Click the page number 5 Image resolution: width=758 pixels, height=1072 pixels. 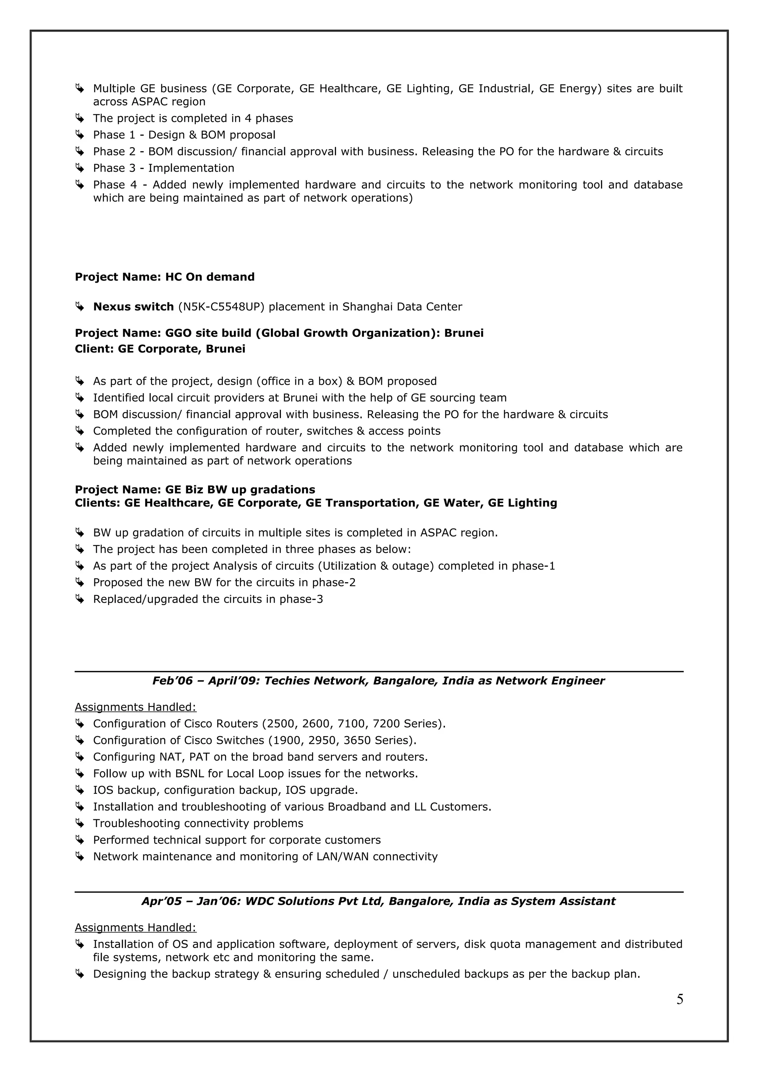[x=680, y=999]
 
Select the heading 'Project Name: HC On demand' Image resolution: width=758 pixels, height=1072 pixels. [x=165, y=277]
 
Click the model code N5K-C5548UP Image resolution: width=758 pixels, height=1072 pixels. [x=221, y=307]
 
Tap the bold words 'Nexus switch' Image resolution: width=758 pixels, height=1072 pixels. [x=134, y=307]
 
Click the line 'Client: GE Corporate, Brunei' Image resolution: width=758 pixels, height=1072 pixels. [x=160, y=349]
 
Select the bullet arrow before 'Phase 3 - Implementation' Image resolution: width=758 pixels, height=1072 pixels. [x=80, y=168]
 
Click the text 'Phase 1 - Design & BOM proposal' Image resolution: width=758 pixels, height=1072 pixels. [x=184, y=135]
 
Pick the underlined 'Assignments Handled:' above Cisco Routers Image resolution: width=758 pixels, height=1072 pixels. [x=135, y=707]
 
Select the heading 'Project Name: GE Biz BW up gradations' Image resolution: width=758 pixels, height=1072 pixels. [x=195, y=489]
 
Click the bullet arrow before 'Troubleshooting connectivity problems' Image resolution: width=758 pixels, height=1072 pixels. [x=80, y=824]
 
